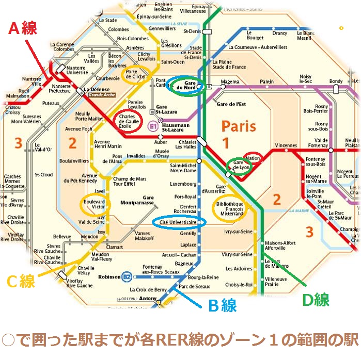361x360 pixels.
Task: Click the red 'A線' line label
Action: click(x=23, y=28)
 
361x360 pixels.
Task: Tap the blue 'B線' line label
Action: click(x=222, y=306)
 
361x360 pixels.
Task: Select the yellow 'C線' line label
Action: click(x=21, y=281)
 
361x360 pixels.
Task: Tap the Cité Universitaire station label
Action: click(x=178, y=222)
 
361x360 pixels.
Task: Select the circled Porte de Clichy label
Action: click(x=136, y=75)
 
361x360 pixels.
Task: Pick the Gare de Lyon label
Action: click(x=241, y=165)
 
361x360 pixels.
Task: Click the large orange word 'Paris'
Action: click(x=238, y=126)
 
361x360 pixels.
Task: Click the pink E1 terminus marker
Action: click(x=153, y=125)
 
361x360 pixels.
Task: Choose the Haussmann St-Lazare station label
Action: click(x=176, y=127)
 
